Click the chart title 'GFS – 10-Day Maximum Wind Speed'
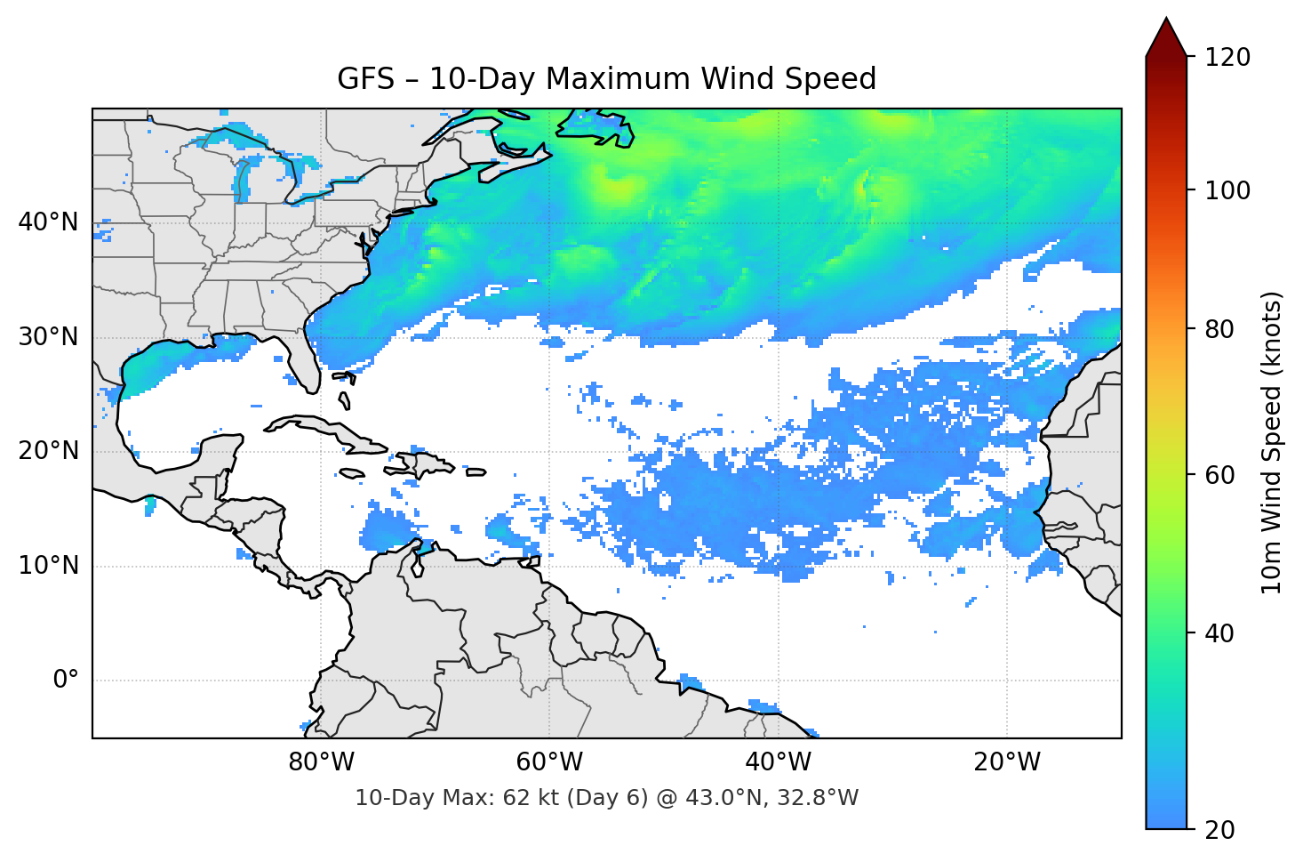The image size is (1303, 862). pos(606,79)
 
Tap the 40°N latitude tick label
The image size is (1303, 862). pos(48,222)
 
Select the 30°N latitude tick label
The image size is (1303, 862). pos(48,337)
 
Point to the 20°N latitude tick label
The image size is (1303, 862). pos(48,451)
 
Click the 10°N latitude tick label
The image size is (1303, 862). pos(48,566)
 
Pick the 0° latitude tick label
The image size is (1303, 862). pos(65,681)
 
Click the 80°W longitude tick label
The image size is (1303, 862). pos(321,762)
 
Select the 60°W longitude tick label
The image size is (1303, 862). pos(549,762)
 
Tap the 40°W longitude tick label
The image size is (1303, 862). pos(778,762)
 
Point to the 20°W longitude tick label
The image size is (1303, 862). pos(1006,762)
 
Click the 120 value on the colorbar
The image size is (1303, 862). pos(1227,58)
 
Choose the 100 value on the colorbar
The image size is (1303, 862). pos(1227,190)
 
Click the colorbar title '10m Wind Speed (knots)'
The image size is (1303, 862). pos(1272,443)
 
